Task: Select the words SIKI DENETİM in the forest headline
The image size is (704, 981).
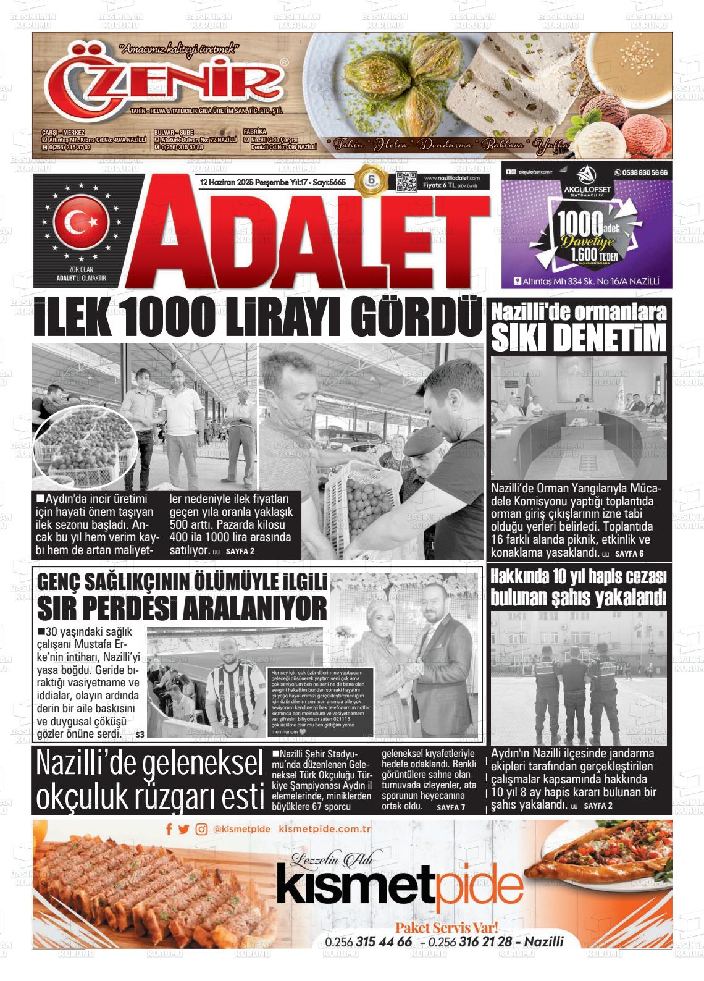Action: [579, 337]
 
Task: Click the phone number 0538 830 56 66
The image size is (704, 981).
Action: [641, 173]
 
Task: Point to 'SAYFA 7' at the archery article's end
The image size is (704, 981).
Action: [450, 807]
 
